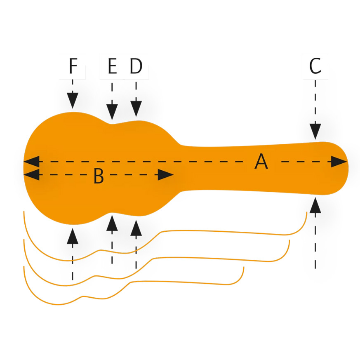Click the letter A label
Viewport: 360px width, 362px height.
[x=261, y=161]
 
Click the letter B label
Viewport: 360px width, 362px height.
[x=98, y=176]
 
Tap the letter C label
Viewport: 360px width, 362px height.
[x=315, y=66]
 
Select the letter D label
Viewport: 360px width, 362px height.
[x=136, y=66]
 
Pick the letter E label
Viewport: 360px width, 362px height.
[x=112, y=66]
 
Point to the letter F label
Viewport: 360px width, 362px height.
[x=73, y=66]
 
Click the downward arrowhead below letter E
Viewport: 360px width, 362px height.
[x=112, y=111]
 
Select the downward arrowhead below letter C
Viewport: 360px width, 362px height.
[x=315, y=131]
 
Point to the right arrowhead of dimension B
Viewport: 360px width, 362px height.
[x=165, y=175]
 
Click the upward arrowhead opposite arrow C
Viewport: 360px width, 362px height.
[x=315, y=205]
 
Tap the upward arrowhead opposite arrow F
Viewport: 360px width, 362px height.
[x=73, y=235]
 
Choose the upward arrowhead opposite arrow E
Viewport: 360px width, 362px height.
[x=112, y=222]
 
